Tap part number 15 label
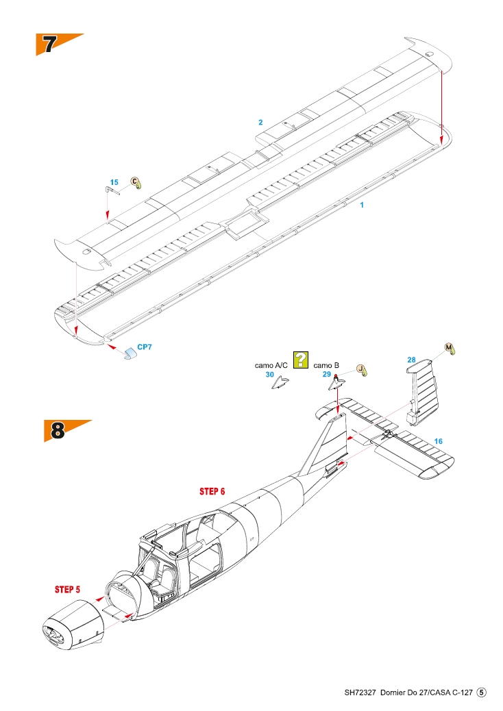tap(114, 182)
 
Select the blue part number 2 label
tap(260, 123)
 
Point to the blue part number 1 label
tap(362, 205)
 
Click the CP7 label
tap(145, 347)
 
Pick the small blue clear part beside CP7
tap(130, 353)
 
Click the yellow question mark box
tap(300, 360)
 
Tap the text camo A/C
tap(271, 366)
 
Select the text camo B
tap(326, 366)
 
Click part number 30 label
tap(270, 375)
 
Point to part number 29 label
tap(327, 375)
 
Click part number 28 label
tap(411, 360)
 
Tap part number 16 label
tap(438, 441)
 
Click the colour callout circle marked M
tap(449, 348)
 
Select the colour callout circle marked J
tap(360, 369)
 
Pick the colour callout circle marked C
tap(135, 182)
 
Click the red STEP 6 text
tap(212, 492)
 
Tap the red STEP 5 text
tap(68, 590)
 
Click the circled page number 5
tap(482, 693)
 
